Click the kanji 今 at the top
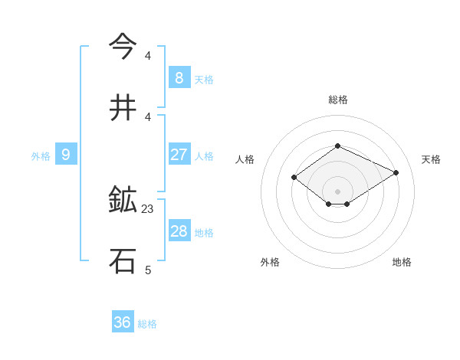(x=124, y=47)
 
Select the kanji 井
(x=124, y=108)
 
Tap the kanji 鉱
(x=124, y=201)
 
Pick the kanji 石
(x=124, y=261)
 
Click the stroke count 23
(x=149, y=208)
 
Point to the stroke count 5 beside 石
(x=148, y=270)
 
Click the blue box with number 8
(x=179, y=77)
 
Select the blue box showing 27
(x=179, y=155)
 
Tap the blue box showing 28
(x=179, y=231)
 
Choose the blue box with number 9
(x=66, y=155)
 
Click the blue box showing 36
(x=123, y=322)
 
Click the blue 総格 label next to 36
(x=147, y=324)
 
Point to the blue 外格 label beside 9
(x=41, y=156)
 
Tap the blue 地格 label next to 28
(x=204, y=233)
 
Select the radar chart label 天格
(x=431, y=159)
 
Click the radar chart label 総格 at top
(x=337, y=100)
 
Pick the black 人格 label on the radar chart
(x=245, y=159)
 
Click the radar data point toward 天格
(x=396, y=172)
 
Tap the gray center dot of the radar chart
(x=337, y=191)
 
